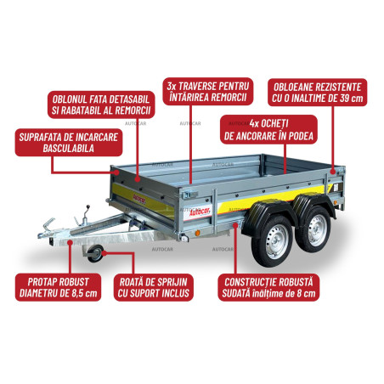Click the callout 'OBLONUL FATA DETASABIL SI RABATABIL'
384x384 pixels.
pyautogui.click(x=101, y=104)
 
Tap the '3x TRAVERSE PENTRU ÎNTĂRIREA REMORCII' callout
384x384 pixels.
pyautogui.click(x=208, y=92)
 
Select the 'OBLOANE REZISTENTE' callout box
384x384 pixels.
pyautogui.click(x=318, y=93)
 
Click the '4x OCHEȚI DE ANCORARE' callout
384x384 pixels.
pyautogui.click(x=268, y=129)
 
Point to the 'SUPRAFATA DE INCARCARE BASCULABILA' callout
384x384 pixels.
pyautogui.click(x=69, y=143)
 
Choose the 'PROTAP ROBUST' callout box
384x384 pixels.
pyautogui.click(x=58, y=287)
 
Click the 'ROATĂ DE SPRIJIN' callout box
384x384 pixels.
pyautogui.click(x=154, y=287)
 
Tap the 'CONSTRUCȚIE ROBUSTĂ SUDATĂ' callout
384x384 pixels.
pyautogui.click(x=268, y=287)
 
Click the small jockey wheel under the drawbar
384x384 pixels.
pyautogui.click(x=95, y=253)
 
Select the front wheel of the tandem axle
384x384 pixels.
pyautogui.click(x=272, y=241)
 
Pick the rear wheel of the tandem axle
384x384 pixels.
pyautogui.click(x=314, y=229)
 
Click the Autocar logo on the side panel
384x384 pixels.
pyautogui.click(x=198, y=212)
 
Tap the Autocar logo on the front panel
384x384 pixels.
pyautogui.click(x=139, y=199)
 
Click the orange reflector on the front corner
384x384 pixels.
pyautogui.click(x=198, y=233)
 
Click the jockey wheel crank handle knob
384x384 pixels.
pyautogui.click(x=88, y=207)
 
